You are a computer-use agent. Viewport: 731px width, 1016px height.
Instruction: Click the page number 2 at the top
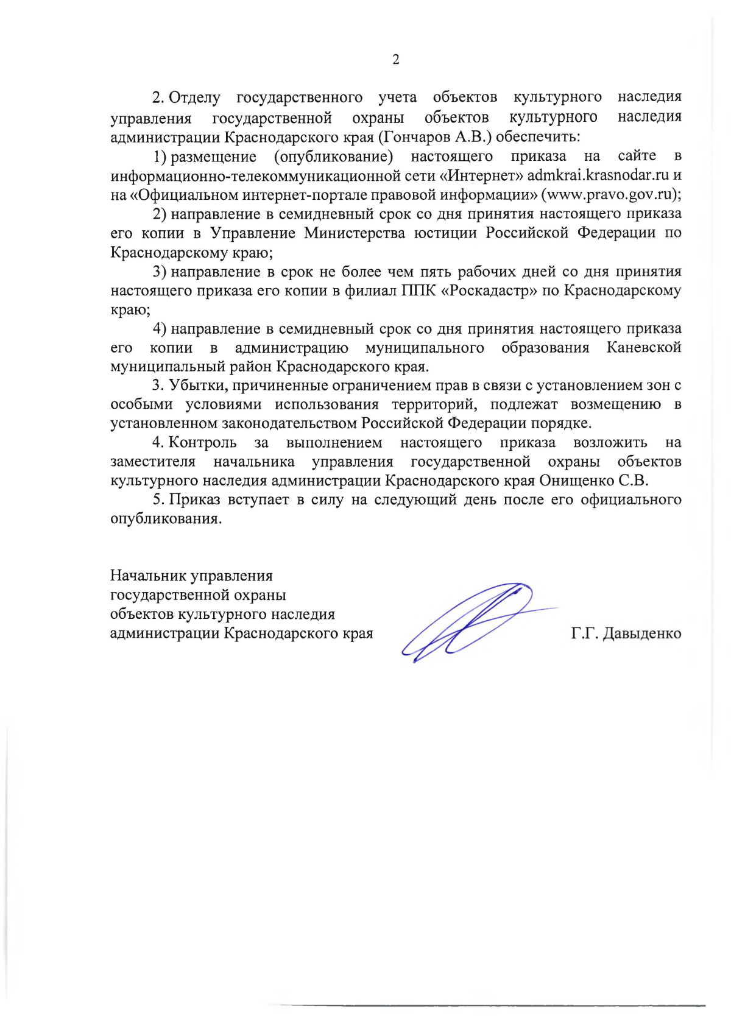(x=396, y=59)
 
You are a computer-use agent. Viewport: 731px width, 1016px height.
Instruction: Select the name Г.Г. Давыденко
(x=626, y=633)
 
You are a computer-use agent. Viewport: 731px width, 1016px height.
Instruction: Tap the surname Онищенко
(x=576, y=481)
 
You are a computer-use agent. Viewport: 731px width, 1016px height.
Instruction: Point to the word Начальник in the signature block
(x=148, y=576)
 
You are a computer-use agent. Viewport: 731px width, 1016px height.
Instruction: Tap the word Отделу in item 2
(x=194, y=97)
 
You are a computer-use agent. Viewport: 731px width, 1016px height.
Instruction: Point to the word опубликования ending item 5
(x=166, y=519)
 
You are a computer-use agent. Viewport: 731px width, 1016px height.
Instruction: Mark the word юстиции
(x=445, y=233)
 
